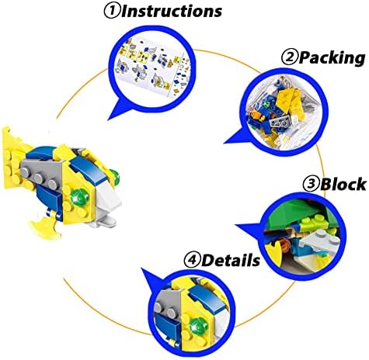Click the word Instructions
(x=172, y=11)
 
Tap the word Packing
(x=332, y=57)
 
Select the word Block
(x=343, y=184)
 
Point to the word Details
(x=231, y=260)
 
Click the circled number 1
(x=112, y=11)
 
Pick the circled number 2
(x=290, y=57)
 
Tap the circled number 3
(x=311, y=184)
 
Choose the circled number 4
(x=192, y=260)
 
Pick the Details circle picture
(x=192, y=313)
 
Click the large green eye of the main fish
(x=80, y=198)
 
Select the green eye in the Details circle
(x=198, y=326)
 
